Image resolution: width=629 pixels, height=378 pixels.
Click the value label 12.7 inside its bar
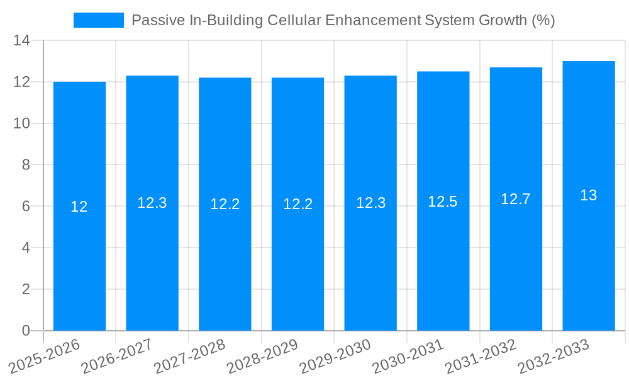pyautogui.click(x=516, y=199)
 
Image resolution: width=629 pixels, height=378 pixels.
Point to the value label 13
pyautogui.click(x=589, y=195)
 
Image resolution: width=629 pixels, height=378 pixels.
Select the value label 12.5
pyautogui.click(x=443, y=202)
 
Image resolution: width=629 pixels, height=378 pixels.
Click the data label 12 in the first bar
pyautogui.click(x=79, y=207)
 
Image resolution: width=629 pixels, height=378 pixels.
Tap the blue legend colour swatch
pyautogui.click(x=99, y=20)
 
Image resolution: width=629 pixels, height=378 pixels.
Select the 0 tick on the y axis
pyautogui.click(x=26, y=331)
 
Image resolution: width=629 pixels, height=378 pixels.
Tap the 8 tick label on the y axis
pyautogui.click(x=26, y=165)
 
